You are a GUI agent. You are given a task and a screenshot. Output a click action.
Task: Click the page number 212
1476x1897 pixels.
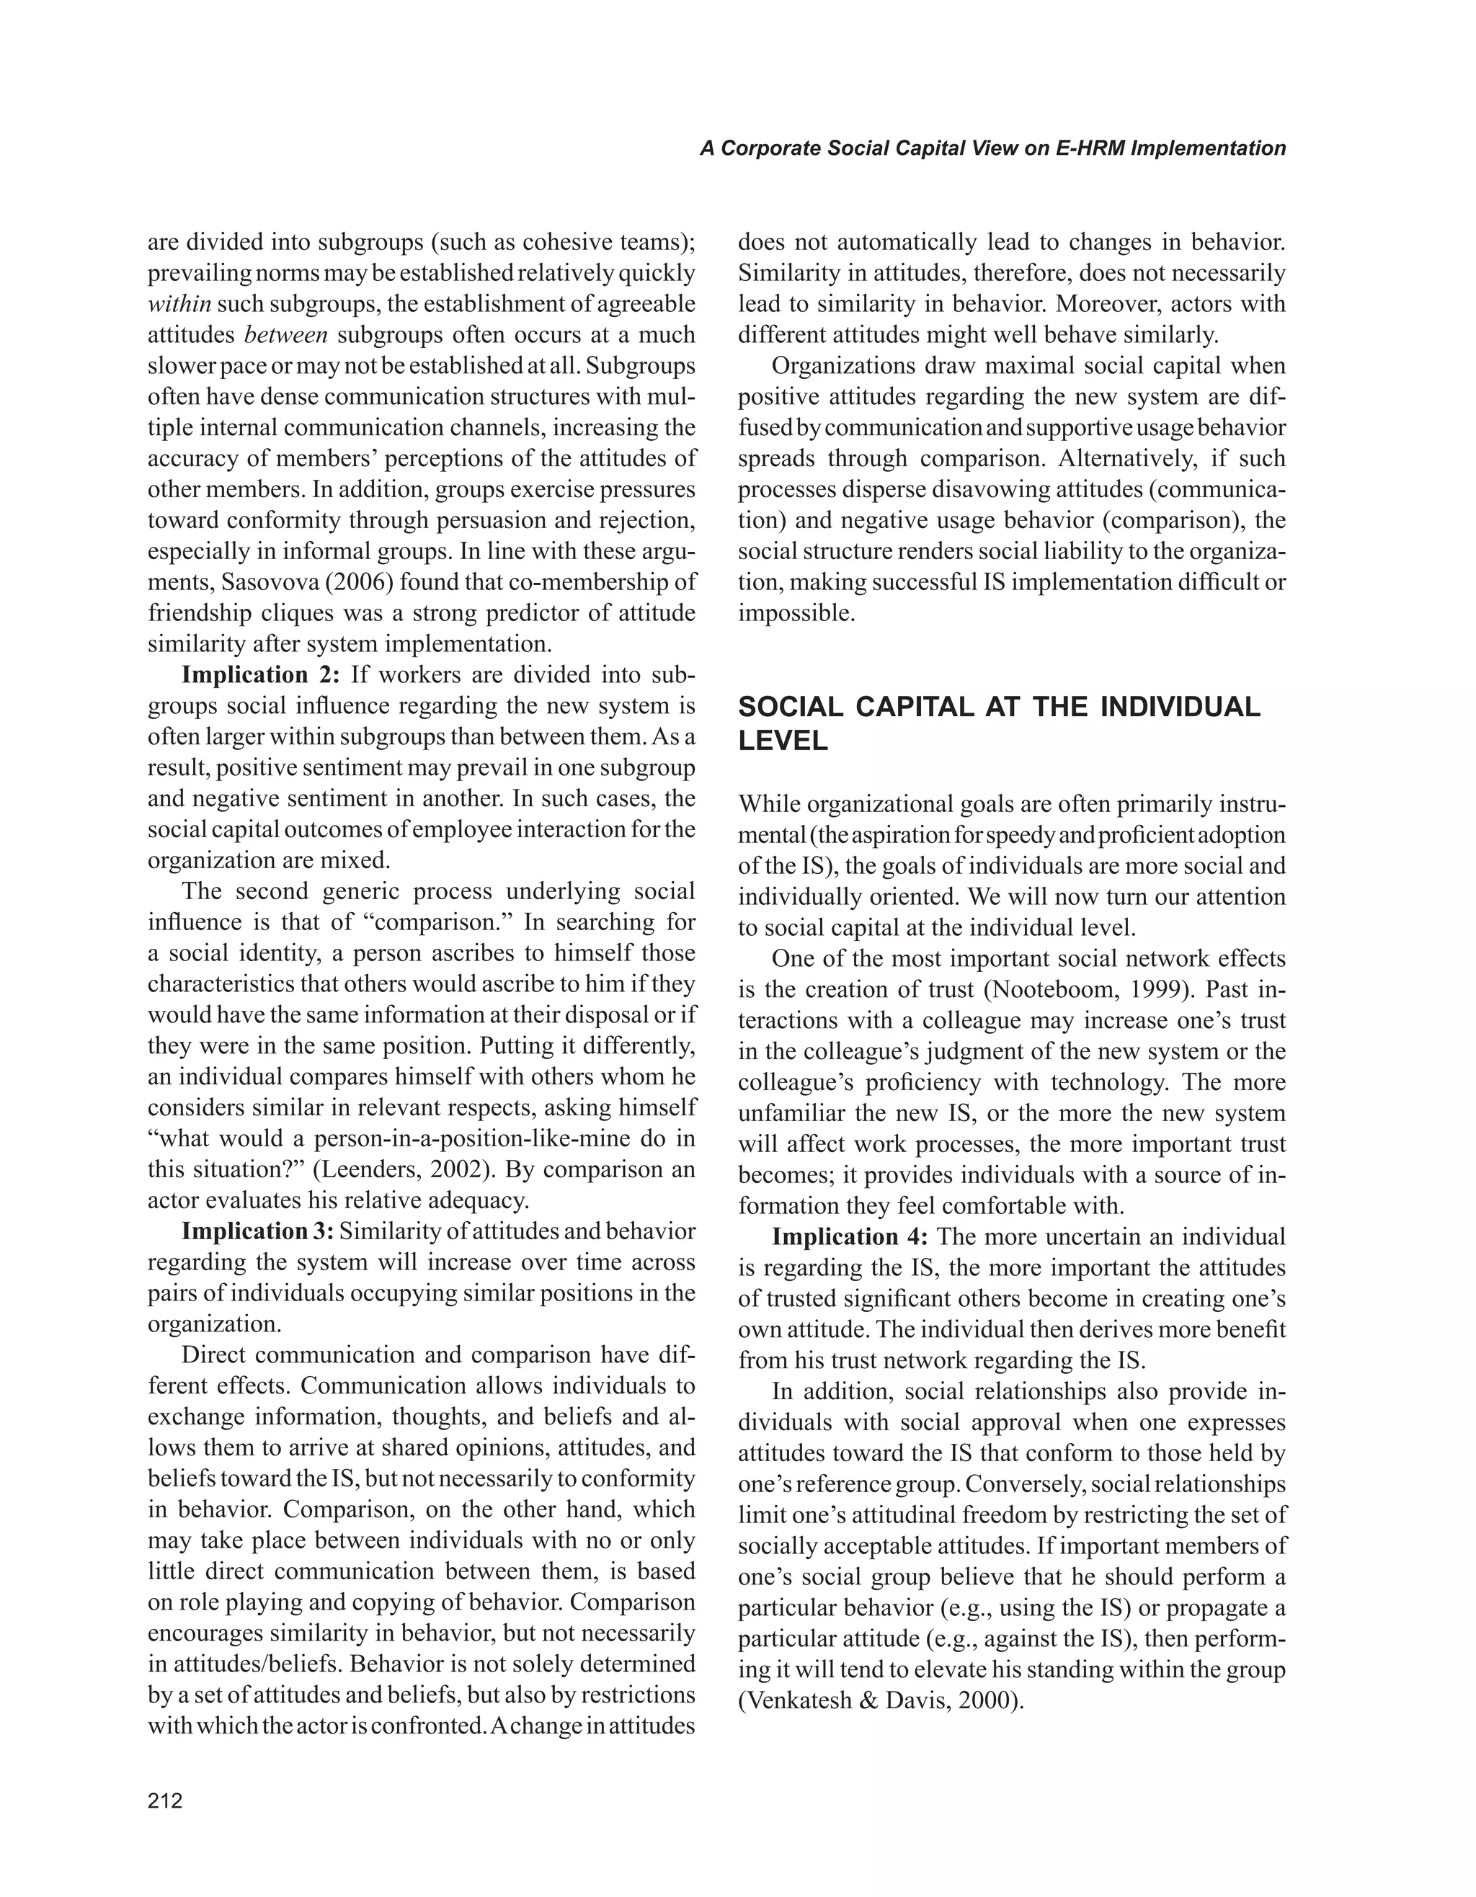165,1800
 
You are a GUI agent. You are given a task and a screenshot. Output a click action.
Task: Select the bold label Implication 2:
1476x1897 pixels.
262,675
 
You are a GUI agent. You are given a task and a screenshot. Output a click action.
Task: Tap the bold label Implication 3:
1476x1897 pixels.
257,1232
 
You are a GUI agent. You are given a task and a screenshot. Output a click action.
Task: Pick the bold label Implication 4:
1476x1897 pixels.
850,1236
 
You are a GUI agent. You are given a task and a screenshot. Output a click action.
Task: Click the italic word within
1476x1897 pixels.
178,304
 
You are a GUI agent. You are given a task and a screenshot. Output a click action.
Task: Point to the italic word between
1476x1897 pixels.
286,335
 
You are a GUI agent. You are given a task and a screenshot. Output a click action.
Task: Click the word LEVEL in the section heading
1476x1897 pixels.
783,742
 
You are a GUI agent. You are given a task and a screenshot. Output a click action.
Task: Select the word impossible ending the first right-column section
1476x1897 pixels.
796,613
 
